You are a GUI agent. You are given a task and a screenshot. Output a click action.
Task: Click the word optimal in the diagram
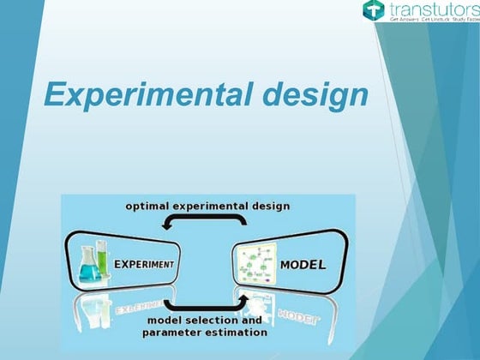[148, 206]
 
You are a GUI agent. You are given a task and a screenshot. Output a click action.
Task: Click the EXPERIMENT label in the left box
[146, 264]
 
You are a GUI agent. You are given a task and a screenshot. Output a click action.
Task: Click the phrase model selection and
[204, 321]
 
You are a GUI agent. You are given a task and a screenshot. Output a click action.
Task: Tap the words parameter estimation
[207, 332]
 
